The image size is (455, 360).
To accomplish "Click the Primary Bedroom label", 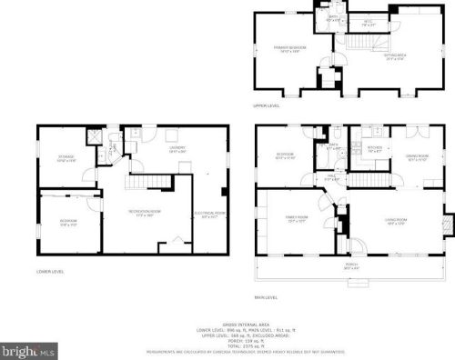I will click(292, 48).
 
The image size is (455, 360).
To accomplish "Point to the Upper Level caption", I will click(268, 106).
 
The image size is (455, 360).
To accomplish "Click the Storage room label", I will click(66, 158).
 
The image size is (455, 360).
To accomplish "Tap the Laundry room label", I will click(178, 150).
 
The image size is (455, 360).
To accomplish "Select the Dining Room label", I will click(417, 157).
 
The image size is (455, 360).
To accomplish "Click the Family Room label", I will click(297, 220).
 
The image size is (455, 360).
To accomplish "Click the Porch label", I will click(350, 266).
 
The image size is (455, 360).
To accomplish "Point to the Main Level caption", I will click(267, 296).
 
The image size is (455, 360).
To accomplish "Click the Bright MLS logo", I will click(27, 348).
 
